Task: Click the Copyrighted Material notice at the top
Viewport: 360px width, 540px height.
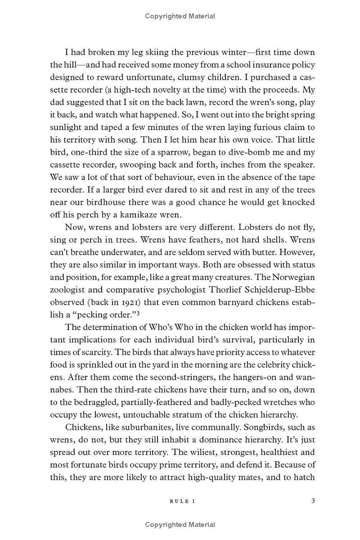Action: [180, 16]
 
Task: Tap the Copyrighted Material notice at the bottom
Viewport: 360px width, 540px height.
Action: [180, 525]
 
